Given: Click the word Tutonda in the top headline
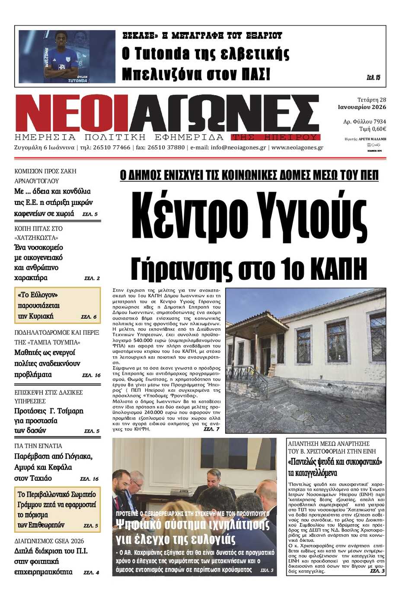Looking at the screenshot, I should [x=162, y=54].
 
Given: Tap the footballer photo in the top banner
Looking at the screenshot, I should [x=67, y=56].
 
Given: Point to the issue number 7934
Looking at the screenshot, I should [x=380, y=121].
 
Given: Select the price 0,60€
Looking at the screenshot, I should [x=379, y=129].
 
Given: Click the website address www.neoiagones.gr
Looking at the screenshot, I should [x=297, y=147].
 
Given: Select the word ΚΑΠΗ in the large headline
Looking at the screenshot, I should [x=338, y=269].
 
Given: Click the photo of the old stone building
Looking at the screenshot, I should [x=305, y=360].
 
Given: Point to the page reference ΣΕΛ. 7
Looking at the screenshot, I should [x=211, y=429].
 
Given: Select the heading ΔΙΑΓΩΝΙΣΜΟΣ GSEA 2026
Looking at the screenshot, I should [x=49, y=541].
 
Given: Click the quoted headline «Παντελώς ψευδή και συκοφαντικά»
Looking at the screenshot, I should [x=335, y=462].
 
